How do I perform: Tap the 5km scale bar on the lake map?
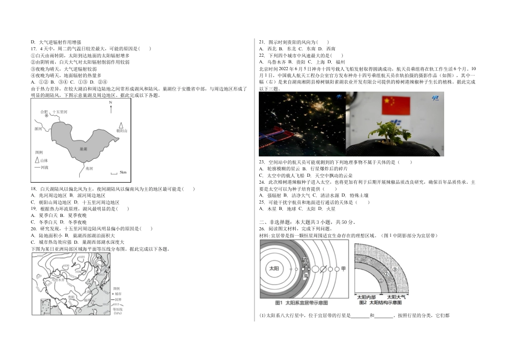coord(114,172)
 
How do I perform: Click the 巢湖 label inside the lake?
coord(83,148)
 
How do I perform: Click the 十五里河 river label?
coord(60,111)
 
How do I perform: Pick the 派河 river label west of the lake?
coord(38,129)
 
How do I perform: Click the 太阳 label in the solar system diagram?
coord(274,268)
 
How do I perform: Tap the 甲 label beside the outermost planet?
coord(343,268)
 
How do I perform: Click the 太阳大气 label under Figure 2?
coord(395,296)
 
